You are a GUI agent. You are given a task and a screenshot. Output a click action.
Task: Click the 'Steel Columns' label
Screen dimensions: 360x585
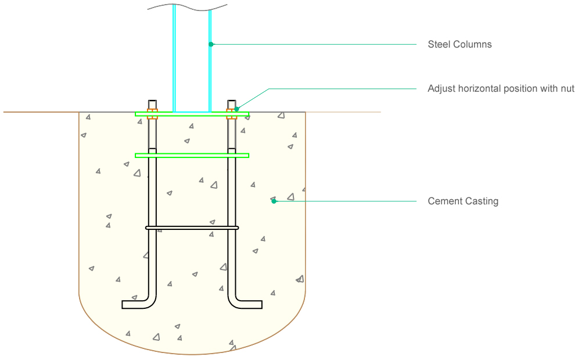(x=460, y=44)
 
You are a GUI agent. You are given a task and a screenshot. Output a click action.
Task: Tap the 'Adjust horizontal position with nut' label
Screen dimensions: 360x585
(x=501, y=89)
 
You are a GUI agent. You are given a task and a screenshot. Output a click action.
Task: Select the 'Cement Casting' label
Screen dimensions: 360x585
(x=463, y=201)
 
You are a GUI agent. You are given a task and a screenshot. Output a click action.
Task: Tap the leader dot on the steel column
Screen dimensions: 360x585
(x=211, y=44)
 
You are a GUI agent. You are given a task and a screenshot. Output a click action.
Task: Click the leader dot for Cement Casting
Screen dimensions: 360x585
(x=274, y=201)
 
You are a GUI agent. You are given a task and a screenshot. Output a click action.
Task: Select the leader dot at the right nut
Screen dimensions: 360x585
(x=236, y=109)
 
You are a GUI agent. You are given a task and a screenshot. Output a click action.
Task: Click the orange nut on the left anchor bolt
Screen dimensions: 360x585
(x=152, y=114)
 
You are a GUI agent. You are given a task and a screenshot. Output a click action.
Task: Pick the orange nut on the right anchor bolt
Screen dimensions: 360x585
(x=231, y=114)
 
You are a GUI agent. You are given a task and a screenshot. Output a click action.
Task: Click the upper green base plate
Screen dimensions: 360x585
(x=192, y=114)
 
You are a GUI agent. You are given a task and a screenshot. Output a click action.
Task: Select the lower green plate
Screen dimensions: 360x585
(x=192, y=155)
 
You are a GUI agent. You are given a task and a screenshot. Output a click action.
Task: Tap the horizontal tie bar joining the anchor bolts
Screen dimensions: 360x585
(x=192, y=228)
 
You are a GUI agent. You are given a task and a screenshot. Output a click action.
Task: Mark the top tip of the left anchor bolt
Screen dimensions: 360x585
(x=152, y=100)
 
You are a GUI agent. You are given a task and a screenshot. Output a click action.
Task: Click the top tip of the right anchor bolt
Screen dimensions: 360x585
(x=231, y=100)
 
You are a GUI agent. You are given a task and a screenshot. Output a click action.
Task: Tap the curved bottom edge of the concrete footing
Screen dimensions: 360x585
(x=192, y=354)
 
